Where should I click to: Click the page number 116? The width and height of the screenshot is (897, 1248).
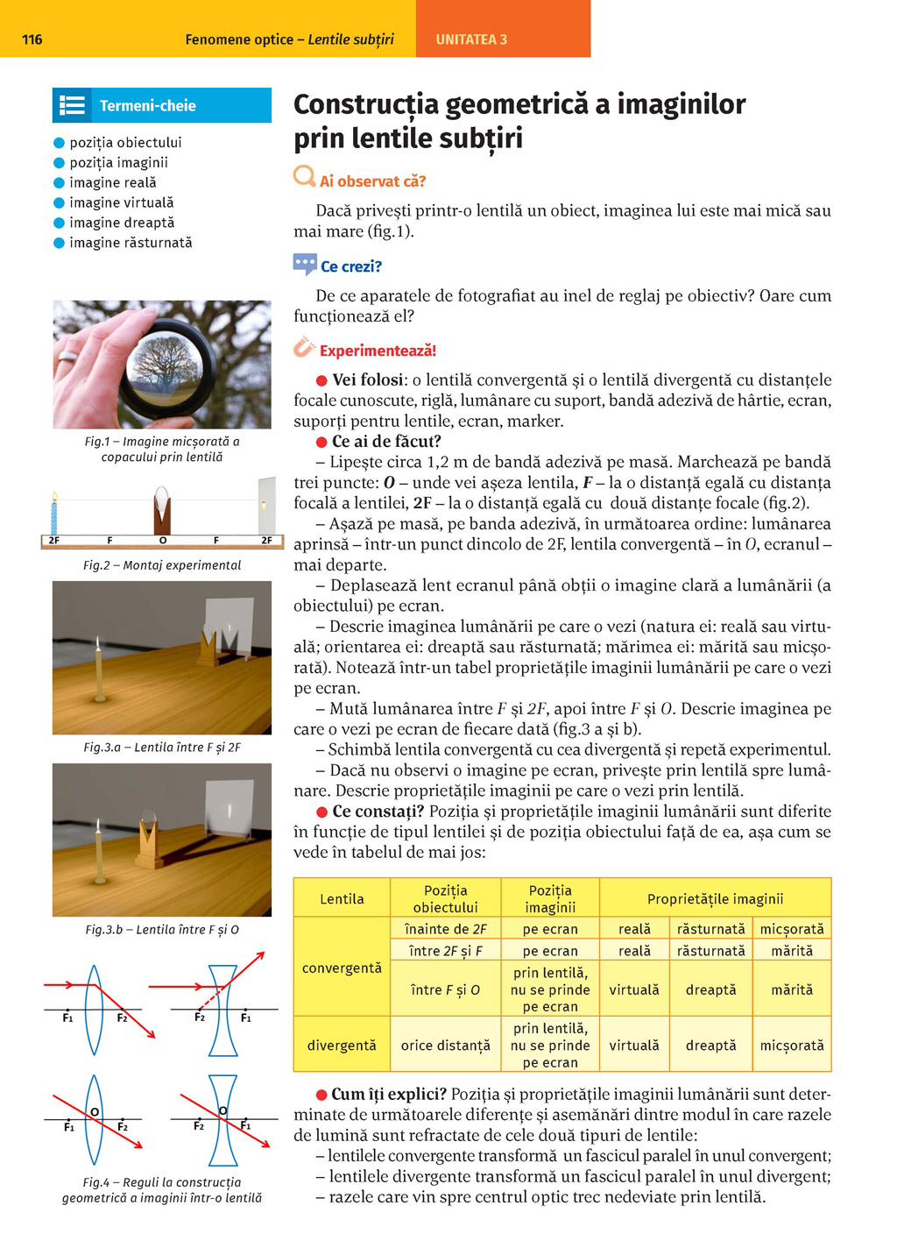coord(32,39)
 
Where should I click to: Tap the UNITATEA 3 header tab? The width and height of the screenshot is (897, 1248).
coord(471,39)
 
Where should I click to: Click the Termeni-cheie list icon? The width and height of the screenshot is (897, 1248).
coord(72,106)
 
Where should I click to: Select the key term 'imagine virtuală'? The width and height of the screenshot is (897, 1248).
coord(121,202)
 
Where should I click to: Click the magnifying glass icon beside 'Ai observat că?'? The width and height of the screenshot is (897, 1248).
coord(304,177)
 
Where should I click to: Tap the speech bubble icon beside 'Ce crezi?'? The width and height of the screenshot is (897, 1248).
coord(305,263)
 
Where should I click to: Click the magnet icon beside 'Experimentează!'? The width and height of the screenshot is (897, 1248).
coord(304,348)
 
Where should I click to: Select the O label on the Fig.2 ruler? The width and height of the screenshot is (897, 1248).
coord(163,541)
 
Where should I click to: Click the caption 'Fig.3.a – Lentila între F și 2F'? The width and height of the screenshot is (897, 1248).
coord(162,748)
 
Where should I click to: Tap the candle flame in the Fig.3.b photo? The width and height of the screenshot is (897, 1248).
coord(98,826)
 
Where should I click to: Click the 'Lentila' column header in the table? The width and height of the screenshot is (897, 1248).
coord(342,899)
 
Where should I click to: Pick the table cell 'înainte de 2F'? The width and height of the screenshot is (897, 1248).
coord(445,929)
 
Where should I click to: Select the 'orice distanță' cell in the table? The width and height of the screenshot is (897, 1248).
coord(445,1046)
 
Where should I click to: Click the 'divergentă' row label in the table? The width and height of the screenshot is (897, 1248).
coord(342,1046)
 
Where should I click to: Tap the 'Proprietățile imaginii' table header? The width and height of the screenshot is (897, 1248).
coord(715,899)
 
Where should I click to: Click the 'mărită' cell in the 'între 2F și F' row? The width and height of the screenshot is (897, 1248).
coord(792,951)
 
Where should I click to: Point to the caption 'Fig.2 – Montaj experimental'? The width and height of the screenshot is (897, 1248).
coord(162,565)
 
